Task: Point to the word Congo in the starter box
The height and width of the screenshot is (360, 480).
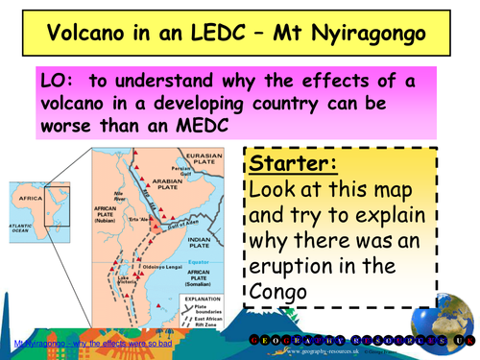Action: point(282,289)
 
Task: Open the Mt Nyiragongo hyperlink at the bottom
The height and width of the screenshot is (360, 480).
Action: point(78,343)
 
